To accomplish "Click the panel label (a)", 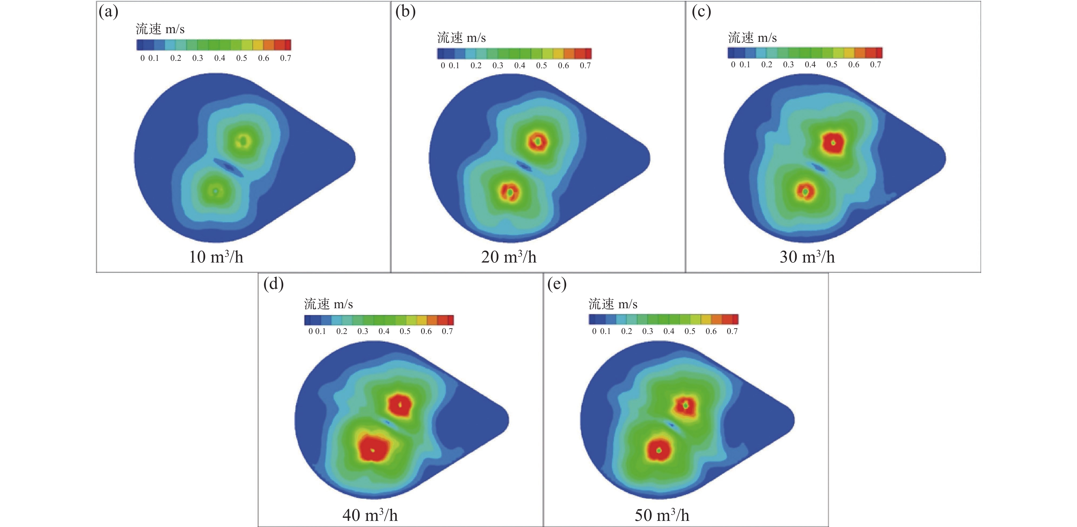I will click(x=108, y=12).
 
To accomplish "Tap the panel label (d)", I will click(x=273, y=284).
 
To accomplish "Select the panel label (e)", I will click(x=557, y=284).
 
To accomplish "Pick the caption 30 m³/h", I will click(x=807, y=257).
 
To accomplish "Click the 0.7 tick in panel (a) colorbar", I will click(x=286, y=58).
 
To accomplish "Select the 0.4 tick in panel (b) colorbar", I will click(x=520, y=66).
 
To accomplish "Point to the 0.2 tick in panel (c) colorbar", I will click(x=766, y=65).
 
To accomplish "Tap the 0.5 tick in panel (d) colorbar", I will click(x=405, y=331).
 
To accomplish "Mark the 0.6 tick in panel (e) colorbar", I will click(x=711, y=331).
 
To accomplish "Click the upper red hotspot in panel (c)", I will click(x=833, y=143).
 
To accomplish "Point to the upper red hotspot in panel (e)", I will click(x=685, y=405).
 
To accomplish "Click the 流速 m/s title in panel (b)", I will click(x=461, y=38).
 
